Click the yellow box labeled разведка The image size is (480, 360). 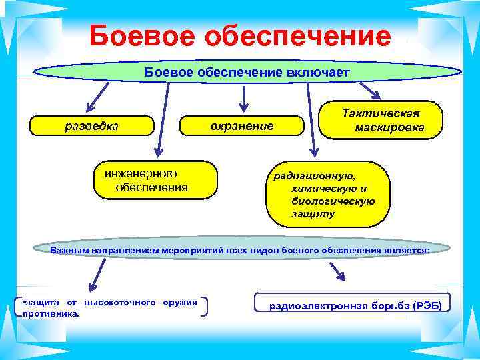click(x=93, y=125)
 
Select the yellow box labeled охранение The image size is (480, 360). click(x=242, y=125)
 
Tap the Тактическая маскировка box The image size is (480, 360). click(x=381, y=119)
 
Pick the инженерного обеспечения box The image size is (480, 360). click(x=156, y=180)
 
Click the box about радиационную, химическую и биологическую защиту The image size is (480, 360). click(x=327, y=194)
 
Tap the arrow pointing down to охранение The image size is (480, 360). click(x=243, y=97)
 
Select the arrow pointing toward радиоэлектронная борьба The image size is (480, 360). click(x=337, y=270)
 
